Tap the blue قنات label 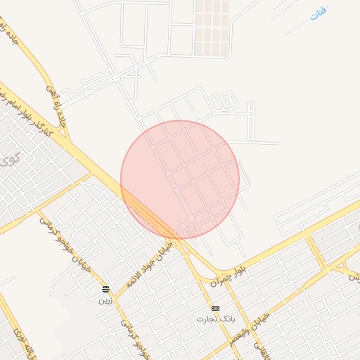[x=317, y=13]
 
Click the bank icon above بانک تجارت [x=215, y=308]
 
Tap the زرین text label [x=105, y=300]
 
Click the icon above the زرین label [x=105, y=289]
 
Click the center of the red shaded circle [x=180, y=179]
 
